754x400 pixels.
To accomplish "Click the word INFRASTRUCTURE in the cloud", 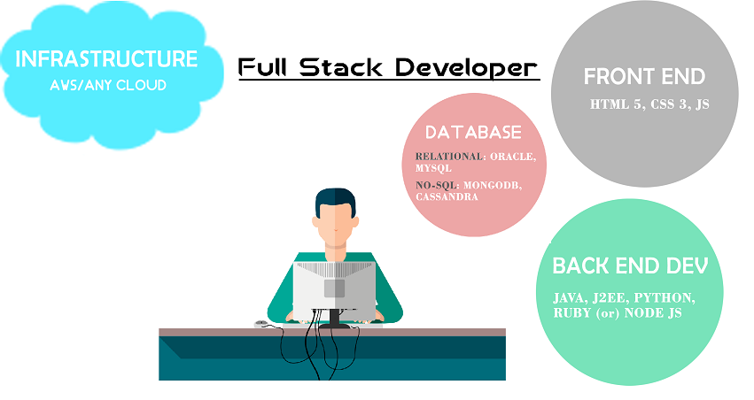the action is coord(106,59).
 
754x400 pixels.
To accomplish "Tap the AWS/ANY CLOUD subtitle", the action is coord(108,86).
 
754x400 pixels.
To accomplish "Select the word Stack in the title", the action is coord(341,67).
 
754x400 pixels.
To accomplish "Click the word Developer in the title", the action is coord(466,68).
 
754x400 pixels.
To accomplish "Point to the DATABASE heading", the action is coord(474,133).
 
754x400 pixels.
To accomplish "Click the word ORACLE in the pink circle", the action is coord(513,157).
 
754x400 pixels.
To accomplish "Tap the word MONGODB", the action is coord(493,185).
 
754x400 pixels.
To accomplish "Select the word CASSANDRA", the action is coord(447,196).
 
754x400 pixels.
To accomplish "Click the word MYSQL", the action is coord(433,168).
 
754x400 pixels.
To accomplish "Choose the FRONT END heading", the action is coord(644,76).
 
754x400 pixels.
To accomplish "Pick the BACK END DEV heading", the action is coord(630,265).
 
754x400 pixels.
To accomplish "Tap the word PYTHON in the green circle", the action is coord(665,298).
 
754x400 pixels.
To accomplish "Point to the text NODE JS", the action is coord(653,313).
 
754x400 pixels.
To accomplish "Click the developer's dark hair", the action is coord(335,199).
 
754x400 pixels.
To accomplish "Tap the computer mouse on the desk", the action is coord(261,324).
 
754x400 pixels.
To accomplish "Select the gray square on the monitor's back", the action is coord(334,288).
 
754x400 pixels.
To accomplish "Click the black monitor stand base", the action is coord(334,326).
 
